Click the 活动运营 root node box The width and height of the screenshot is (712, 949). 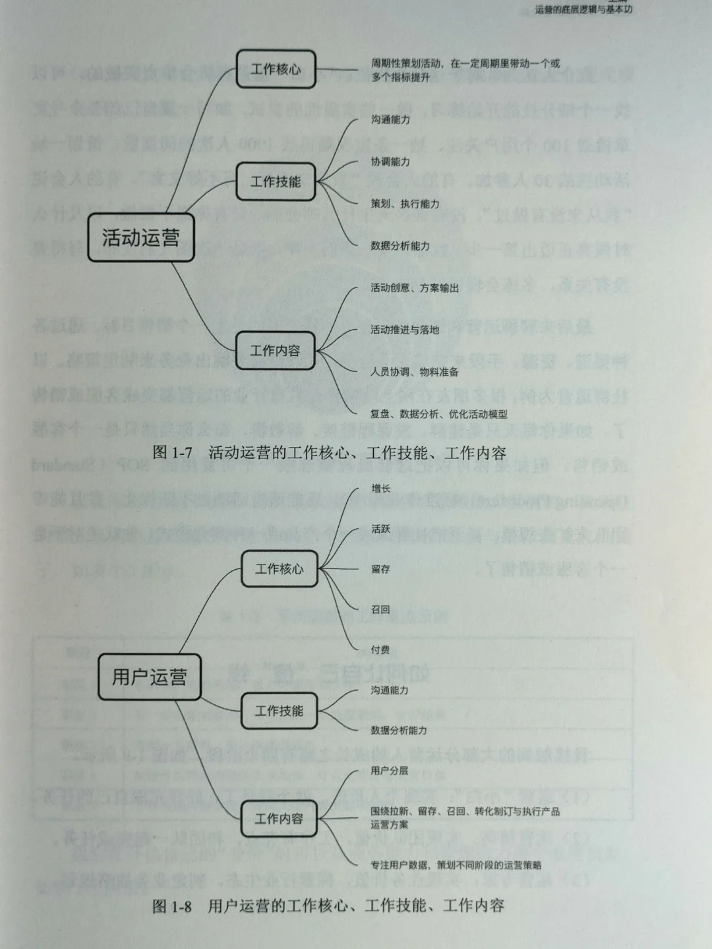click(141, 237)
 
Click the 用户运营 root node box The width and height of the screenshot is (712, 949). click(150, 677)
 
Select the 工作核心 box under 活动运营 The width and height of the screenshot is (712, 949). click(276, 69)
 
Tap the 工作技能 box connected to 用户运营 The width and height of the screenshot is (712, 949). click(279, 711)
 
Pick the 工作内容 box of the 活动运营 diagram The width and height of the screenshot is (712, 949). click(275, 350)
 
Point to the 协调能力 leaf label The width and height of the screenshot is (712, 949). click(390, 162)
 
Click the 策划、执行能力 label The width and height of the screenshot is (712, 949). click(405, 204)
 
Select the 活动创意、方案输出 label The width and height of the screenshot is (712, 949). click(415, 288)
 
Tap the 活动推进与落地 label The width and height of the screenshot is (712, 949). click(405, 330)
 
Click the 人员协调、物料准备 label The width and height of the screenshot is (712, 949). click(415, 372)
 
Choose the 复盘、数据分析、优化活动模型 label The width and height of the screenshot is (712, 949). click(439, 414)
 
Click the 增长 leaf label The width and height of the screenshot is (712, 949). click(380, 489)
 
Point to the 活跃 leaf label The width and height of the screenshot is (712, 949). click(380, 529)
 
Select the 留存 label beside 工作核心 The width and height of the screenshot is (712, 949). click(380, 569)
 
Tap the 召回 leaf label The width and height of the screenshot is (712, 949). click(380, 609)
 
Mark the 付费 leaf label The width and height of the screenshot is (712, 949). click(380, 650)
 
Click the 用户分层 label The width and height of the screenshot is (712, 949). click(390, 770)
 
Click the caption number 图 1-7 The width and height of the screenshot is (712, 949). click(172, 453)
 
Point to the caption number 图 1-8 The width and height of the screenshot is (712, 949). click(172, 906)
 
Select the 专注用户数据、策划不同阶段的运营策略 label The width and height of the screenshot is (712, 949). click(456, 865)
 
